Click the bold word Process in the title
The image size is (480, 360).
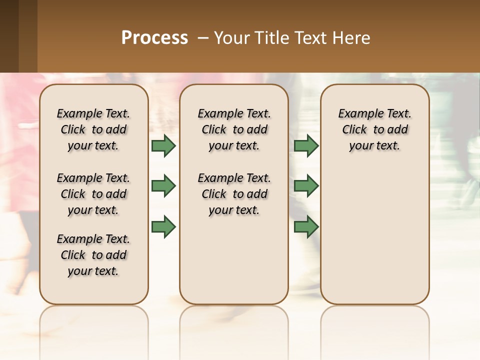click(x=154, y=38)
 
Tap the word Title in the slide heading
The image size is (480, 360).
click(x=270, y=38)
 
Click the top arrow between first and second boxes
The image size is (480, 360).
click(x=163, y=145)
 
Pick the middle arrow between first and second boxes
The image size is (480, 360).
click(x=163, y=186)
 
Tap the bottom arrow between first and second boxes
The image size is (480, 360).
click(x=163, y=226)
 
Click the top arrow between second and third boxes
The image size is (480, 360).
click(x=306, y=145)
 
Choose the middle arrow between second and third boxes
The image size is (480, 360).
click(x=306, y=186)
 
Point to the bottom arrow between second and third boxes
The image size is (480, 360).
click(x=306, y=226)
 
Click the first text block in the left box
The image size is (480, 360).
click(x=93, y=129)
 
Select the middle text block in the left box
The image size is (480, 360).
click(x=93, y=194)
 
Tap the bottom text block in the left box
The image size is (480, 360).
click(x=93, y=255)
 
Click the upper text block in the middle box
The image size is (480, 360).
click(x=234, y=129)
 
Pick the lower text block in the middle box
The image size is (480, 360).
click(x=234, y=194)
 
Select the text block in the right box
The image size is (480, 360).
click(x=375, y=129)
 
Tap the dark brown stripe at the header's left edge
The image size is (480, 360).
click(x=9, y=36)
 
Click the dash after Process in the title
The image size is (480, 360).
click(x=203, y=38)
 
